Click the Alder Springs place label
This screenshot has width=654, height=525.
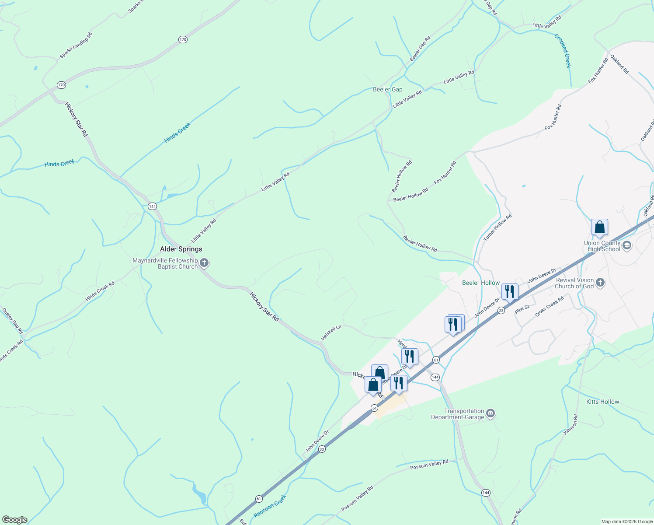tap(181, 249)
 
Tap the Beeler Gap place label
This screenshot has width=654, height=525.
tap(387, 89)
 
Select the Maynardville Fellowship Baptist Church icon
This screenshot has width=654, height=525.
tap(204, 263)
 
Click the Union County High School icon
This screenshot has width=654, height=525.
tap(627, 245)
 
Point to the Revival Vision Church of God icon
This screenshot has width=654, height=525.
tap(600, 283)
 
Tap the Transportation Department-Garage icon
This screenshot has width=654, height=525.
tap(491, 413)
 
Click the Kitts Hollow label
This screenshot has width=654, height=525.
tap(602, 402)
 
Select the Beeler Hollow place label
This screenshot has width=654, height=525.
tap(481, 283)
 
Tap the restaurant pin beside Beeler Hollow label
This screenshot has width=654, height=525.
tap(510, 292)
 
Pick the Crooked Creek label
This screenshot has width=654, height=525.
tap(563, 51)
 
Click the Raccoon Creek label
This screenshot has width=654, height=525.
tap(270, 506)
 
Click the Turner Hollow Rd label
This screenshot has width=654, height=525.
tap(497, 227)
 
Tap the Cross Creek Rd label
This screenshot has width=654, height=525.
tap(549, 306)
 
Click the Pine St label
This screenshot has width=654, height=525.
tap(522, 309)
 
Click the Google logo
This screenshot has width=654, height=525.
tap(14, 520)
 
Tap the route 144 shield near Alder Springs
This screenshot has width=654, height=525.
tap(152, 206)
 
